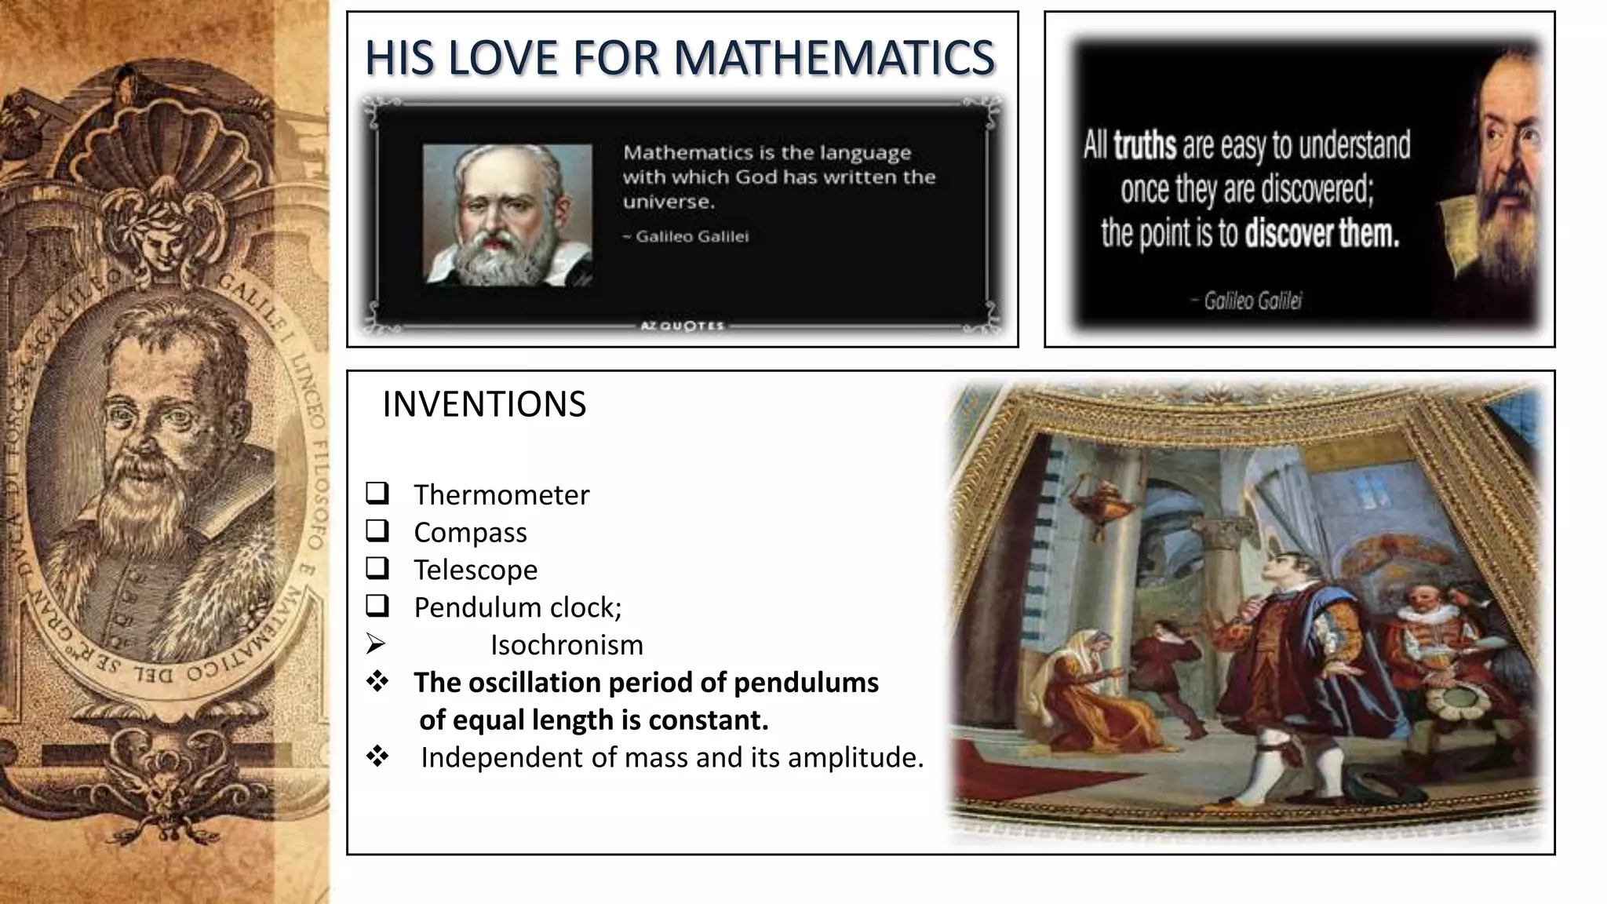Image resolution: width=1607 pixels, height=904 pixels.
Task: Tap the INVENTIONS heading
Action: click(484, 405)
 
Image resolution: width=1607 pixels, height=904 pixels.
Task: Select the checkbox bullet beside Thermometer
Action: click(377, 494)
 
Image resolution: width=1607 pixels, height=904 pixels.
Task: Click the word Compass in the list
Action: click(470, 532)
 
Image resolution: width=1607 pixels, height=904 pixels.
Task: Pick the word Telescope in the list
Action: click(476, 570)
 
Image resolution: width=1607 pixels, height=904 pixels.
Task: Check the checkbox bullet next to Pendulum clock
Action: click(377, 606)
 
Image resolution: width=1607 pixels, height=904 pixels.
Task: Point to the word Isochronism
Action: click(567, 645)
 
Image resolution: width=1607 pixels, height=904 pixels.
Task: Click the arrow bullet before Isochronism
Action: click(376, 644)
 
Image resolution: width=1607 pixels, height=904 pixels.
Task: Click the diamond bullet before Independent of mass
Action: click(377, 757)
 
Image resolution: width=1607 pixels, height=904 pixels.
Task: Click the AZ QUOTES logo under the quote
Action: click(682, 326)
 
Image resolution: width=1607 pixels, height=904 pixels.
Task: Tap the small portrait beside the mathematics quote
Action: click(507, 213)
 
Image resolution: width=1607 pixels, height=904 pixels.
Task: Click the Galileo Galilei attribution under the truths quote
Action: click(1252, 301)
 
